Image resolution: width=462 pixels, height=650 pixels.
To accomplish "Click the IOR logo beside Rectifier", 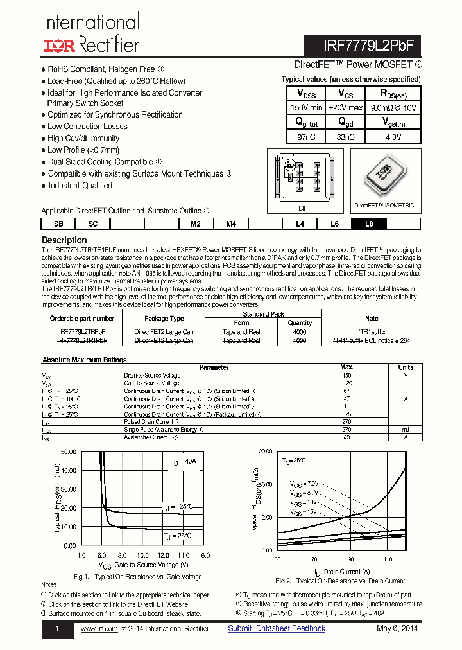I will coord(59,44).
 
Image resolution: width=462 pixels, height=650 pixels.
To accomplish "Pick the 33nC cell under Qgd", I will coord(346,137).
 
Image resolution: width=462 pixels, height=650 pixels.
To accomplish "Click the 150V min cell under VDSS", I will coord(306,108).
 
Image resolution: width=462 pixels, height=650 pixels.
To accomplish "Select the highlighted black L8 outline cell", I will coord(368,224).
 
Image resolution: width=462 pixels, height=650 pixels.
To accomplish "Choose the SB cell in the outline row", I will coord(58,224).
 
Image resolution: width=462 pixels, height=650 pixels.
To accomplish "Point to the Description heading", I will coord(64,240).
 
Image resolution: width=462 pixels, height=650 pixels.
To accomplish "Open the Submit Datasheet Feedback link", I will coord(277,628).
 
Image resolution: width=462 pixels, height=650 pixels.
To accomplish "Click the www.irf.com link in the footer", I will coord(99,629).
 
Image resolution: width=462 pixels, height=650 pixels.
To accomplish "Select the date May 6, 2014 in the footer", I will coord(397,628).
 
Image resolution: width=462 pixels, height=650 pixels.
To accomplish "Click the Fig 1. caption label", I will coord(81,577).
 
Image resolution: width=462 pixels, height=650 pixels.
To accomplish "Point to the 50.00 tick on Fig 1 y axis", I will coord(67,452).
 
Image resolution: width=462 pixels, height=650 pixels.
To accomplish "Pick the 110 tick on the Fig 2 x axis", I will coord(388,559).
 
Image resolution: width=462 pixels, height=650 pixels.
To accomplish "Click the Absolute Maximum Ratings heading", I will coord(84,360).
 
